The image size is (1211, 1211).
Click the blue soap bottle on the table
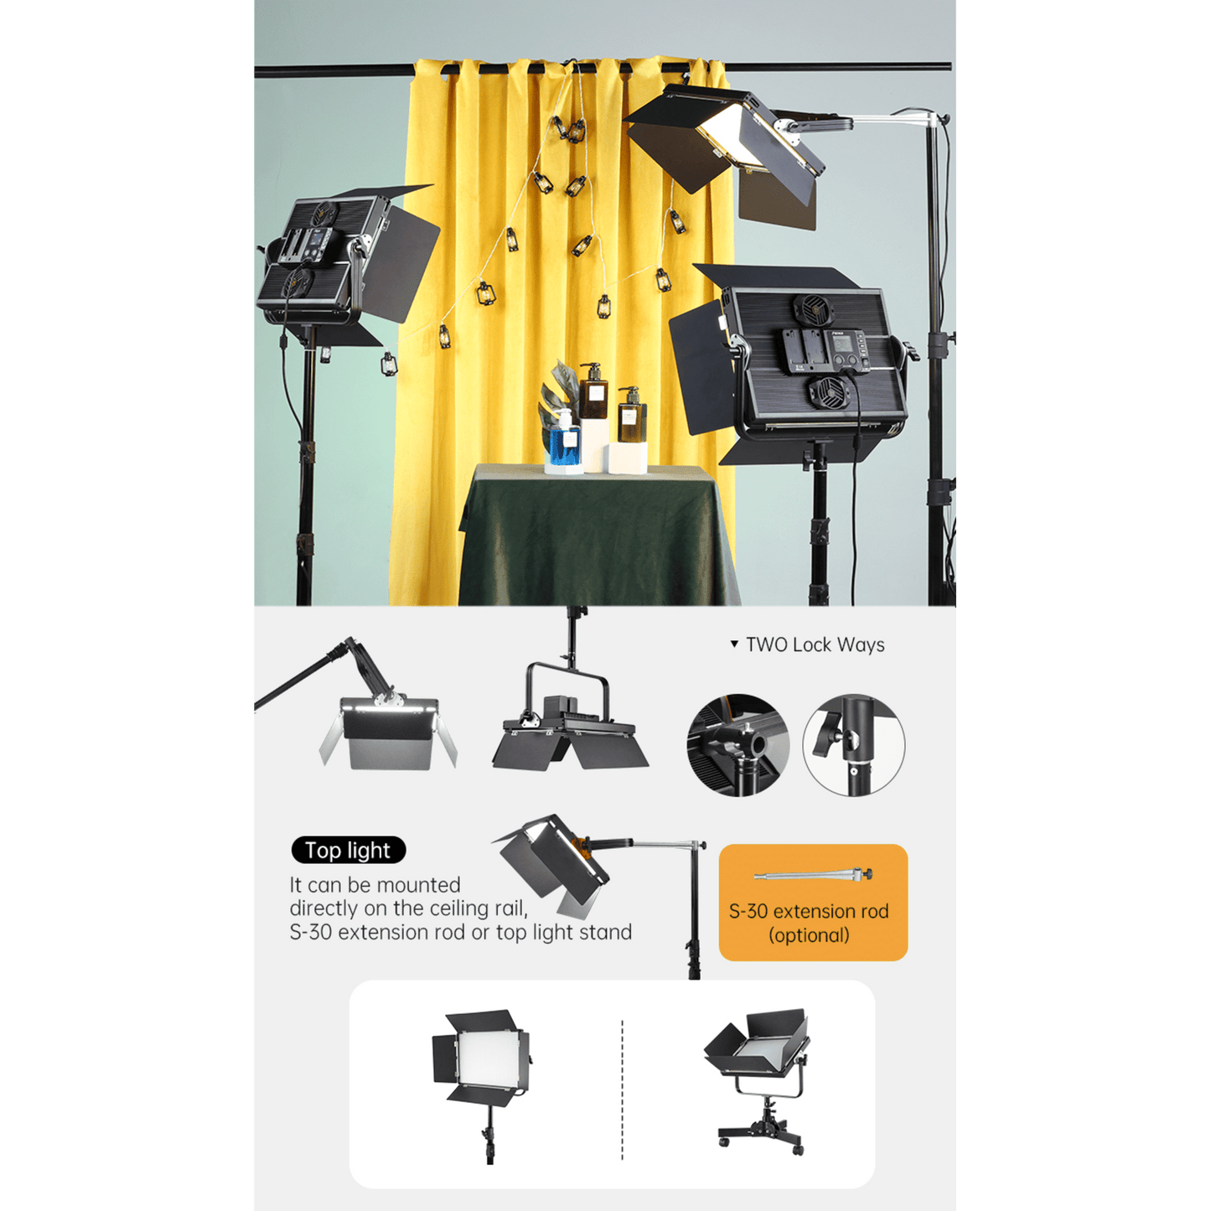[564, 440]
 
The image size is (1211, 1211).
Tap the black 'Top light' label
[348, 850]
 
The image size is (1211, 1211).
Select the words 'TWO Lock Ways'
[815, 644]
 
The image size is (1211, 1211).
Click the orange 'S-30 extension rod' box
[813, 902]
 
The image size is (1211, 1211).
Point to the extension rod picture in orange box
[813, 874]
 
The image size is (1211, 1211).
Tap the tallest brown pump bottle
[592, 391]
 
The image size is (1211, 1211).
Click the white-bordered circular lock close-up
[854, 745]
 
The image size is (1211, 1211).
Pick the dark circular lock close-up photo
[737, 745]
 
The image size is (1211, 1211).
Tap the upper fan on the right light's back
[813, 310]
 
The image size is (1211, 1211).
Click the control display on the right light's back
[842, 345]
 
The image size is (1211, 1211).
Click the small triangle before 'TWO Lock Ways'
[734, 644]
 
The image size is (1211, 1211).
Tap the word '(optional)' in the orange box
[809, 936]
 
